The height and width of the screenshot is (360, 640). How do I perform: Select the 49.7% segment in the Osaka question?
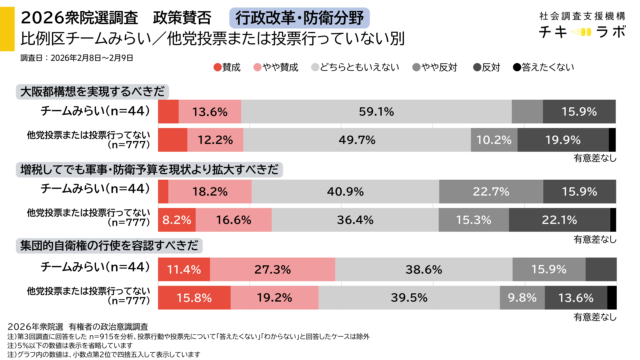(x=356, y=140)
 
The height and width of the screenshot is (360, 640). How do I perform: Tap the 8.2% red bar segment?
(x=175, y=218)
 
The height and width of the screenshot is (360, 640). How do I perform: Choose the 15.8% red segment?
(x=186, y=297)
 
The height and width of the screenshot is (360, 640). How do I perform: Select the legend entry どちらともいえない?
(x=356, y=67)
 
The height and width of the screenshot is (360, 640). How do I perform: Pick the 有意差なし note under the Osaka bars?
(x=593, y=158)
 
